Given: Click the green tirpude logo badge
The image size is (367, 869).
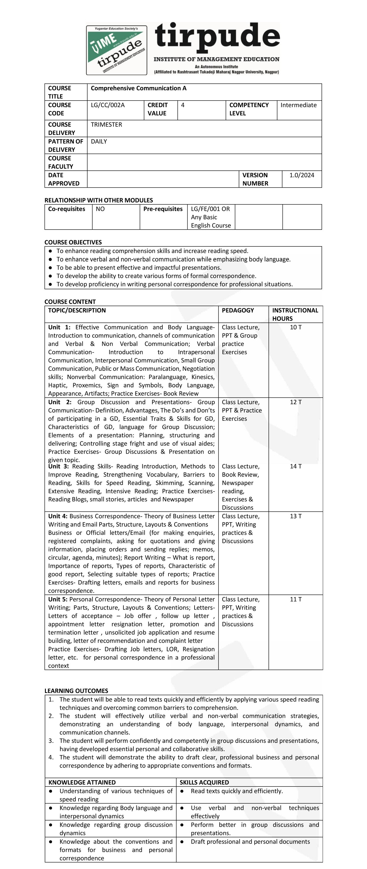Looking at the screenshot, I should pos(117,50).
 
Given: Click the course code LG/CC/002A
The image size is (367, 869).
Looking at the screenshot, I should pos(108,105).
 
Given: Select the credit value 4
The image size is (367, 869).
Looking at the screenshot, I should pos(182,105).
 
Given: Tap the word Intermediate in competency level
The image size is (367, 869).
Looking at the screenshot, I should pos(298,105).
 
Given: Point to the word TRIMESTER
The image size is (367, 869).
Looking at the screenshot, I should pos(106,125).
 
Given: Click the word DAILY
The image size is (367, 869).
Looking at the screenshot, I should pos(99,142).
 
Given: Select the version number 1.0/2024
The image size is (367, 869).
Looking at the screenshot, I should pos(302,175).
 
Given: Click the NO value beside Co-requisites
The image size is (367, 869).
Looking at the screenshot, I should pos(100,209).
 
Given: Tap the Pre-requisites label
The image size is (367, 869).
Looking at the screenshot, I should pos(163,209).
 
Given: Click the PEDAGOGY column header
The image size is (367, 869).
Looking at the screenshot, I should pos(238,311).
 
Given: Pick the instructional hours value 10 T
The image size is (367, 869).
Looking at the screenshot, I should pos(295,328).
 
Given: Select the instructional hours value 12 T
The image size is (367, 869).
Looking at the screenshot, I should pos(295,402).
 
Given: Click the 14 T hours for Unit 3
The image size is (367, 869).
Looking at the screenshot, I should pos(295,467).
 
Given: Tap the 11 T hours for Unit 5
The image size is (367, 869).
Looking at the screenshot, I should pos(295,599).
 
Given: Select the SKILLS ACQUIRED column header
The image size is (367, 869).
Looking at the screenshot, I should pos(204,783).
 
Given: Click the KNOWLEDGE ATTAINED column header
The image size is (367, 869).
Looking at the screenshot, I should pos(82,783).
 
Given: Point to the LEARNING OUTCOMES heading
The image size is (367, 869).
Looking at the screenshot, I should pos(76,691).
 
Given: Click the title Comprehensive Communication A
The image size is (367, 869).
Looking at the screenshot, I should pos(138,88).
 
